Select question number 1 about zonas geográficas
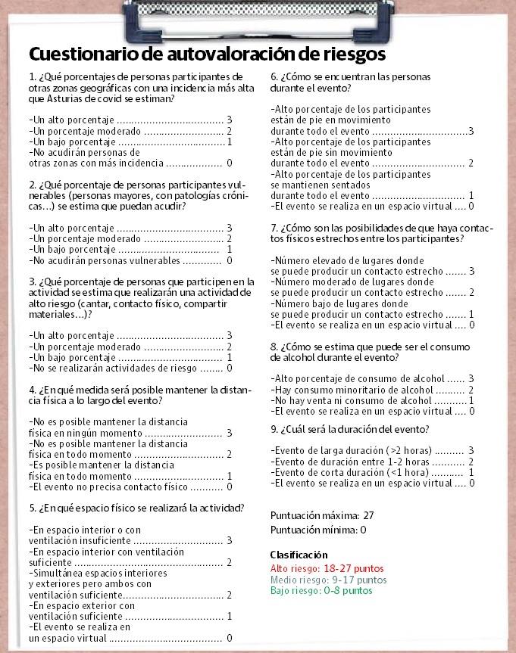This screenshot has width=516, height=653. pyautogui.click(x=136, y=88)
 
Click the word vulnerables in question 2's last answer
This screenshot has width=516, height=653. pyautogui.click(x=152, y=260)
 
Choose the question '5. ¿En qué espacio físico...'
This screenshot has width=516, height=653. pyautogui.click(x=136, y=507)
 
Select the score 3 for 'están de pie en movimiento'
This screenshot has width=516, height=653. pyautogui.click(x=471, y=131)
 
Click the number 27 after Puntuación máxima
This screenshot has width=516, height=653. pyautogui.click(x=368, y=515)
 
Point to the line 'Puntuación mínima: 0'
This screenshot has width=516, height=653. pyautogui.click(x=318, y=530)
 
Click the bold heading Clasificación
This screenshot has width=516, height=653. pyautogui.click(x=299, y=555)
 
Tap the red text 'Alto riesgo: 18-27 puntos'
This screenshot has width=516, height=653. pyautogui.click(x=327, y=568)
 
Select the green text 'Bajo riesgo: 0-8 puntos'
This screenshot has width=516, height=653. pyautogui.click(x=321, y=590)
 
